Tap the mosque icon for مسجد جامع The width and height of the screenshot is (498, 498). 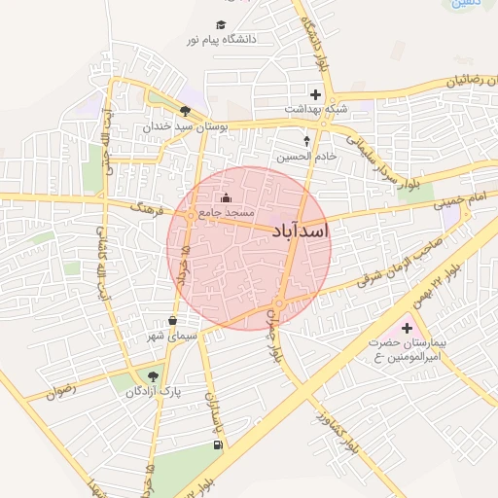227,199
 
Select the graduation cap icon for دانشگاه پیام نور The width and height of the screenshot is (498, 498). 221,24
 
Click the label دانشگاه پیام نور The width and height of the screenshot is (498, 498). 227,40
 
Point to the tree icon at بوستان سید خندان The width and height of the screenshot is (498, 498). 185,111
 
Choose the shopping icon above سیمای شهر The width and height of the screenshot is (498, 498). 173,320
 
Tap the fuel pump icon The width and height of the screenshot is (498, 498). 215,445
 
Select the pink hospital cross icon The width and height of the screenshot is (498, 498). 407,329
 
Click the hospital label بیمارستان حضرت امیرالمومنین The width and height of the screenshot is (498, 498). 407,350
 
